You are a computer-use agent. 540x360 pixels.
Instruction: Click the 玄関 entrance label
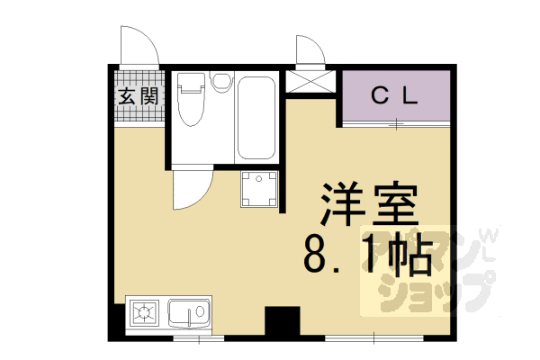[138, 96]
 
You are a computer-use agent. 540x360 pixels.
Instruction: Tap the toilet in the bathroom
[191, 102]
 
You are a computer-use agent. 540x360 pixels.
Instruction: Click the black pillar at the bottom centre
[282, 322]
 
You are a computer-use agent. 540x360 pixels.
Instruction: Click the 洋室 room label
[364, 207]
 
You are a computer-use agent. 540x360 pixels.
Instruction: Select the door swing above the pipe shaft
[310, 51]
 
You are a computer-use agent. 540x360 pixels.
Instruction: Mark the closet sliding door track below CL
[396, 123]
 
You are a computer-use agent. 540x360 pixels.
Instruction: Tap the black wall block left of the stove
[117, 319]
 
